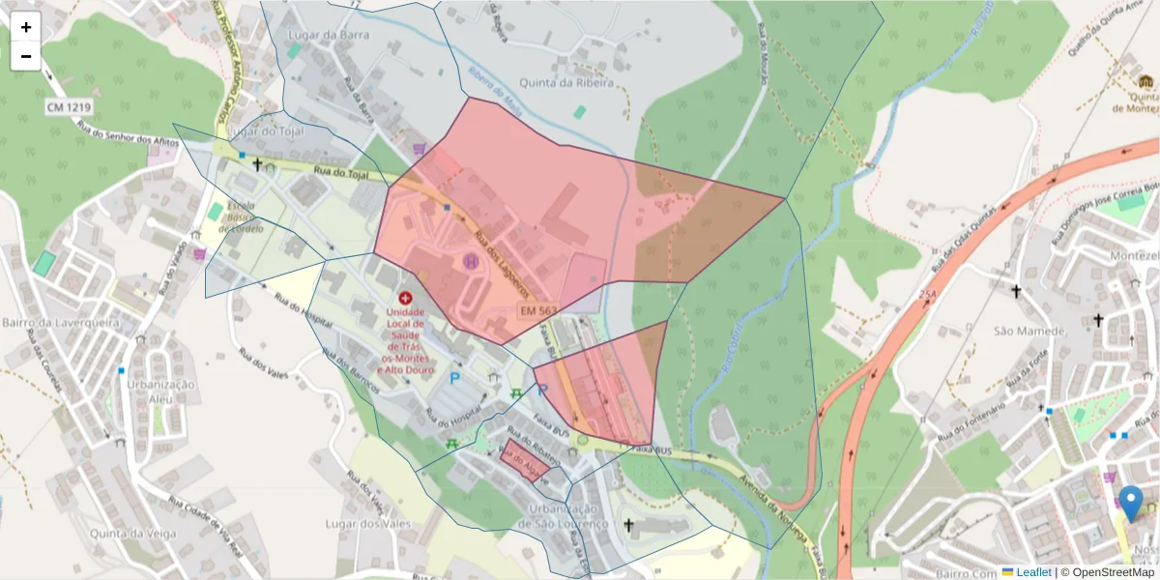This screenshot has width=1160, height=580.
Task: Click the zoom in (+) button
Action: [x=26, y=27]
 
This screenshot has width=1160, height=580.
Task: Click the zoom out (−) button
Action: [x=26, y=56]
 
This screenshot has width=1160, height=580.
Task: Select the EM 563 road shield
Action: [x=538, y=311]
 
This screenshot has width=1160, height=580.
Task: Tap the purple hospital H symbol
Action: [x=472, y=261]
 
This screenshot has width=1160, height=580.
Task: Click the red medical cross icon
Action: [x=404, y=300]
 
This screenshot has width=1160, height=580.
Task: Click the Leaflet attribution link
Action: [x=1032, y=572]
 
